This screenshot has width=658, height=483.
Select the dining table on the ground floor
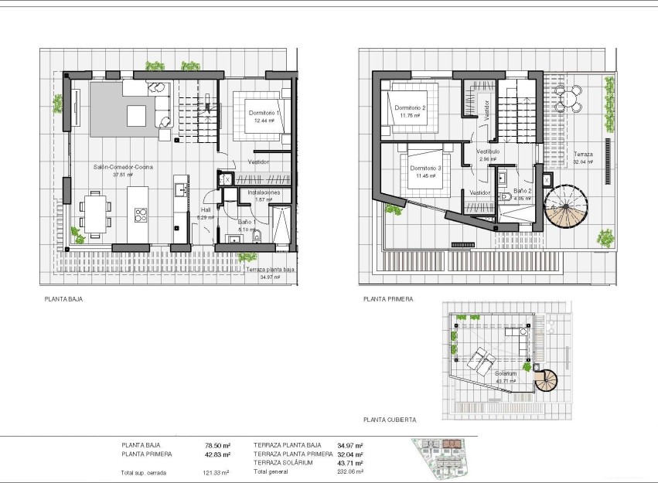[x=97, y=212]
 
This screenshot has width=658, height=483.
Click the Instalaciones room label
[x=263, y=192]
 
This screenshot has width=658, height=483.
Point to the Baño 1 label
[x=247, y=222]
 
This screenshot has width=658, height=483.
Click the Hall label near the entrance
[x=205, y=209]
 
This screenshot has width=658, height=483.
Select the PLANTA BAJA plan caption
[x=63, y=298]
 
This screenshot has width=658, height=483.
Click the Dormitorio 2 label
[x=409, y=107]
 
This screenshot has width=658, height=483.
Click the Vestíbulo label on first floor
[x=487, y=151]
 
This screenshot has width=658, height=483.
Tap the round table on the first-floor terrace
[x=570, y=97]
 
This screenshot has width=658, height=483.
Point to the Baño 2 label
[x=523, y=190]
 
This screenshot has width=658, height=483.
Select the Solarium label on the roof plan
[x=506, y=373]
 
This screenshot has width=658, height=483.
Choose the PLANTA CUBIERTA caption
[x=390, y=420]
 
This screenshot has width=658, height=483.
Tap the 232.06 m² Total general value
[x=350, y=471]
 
